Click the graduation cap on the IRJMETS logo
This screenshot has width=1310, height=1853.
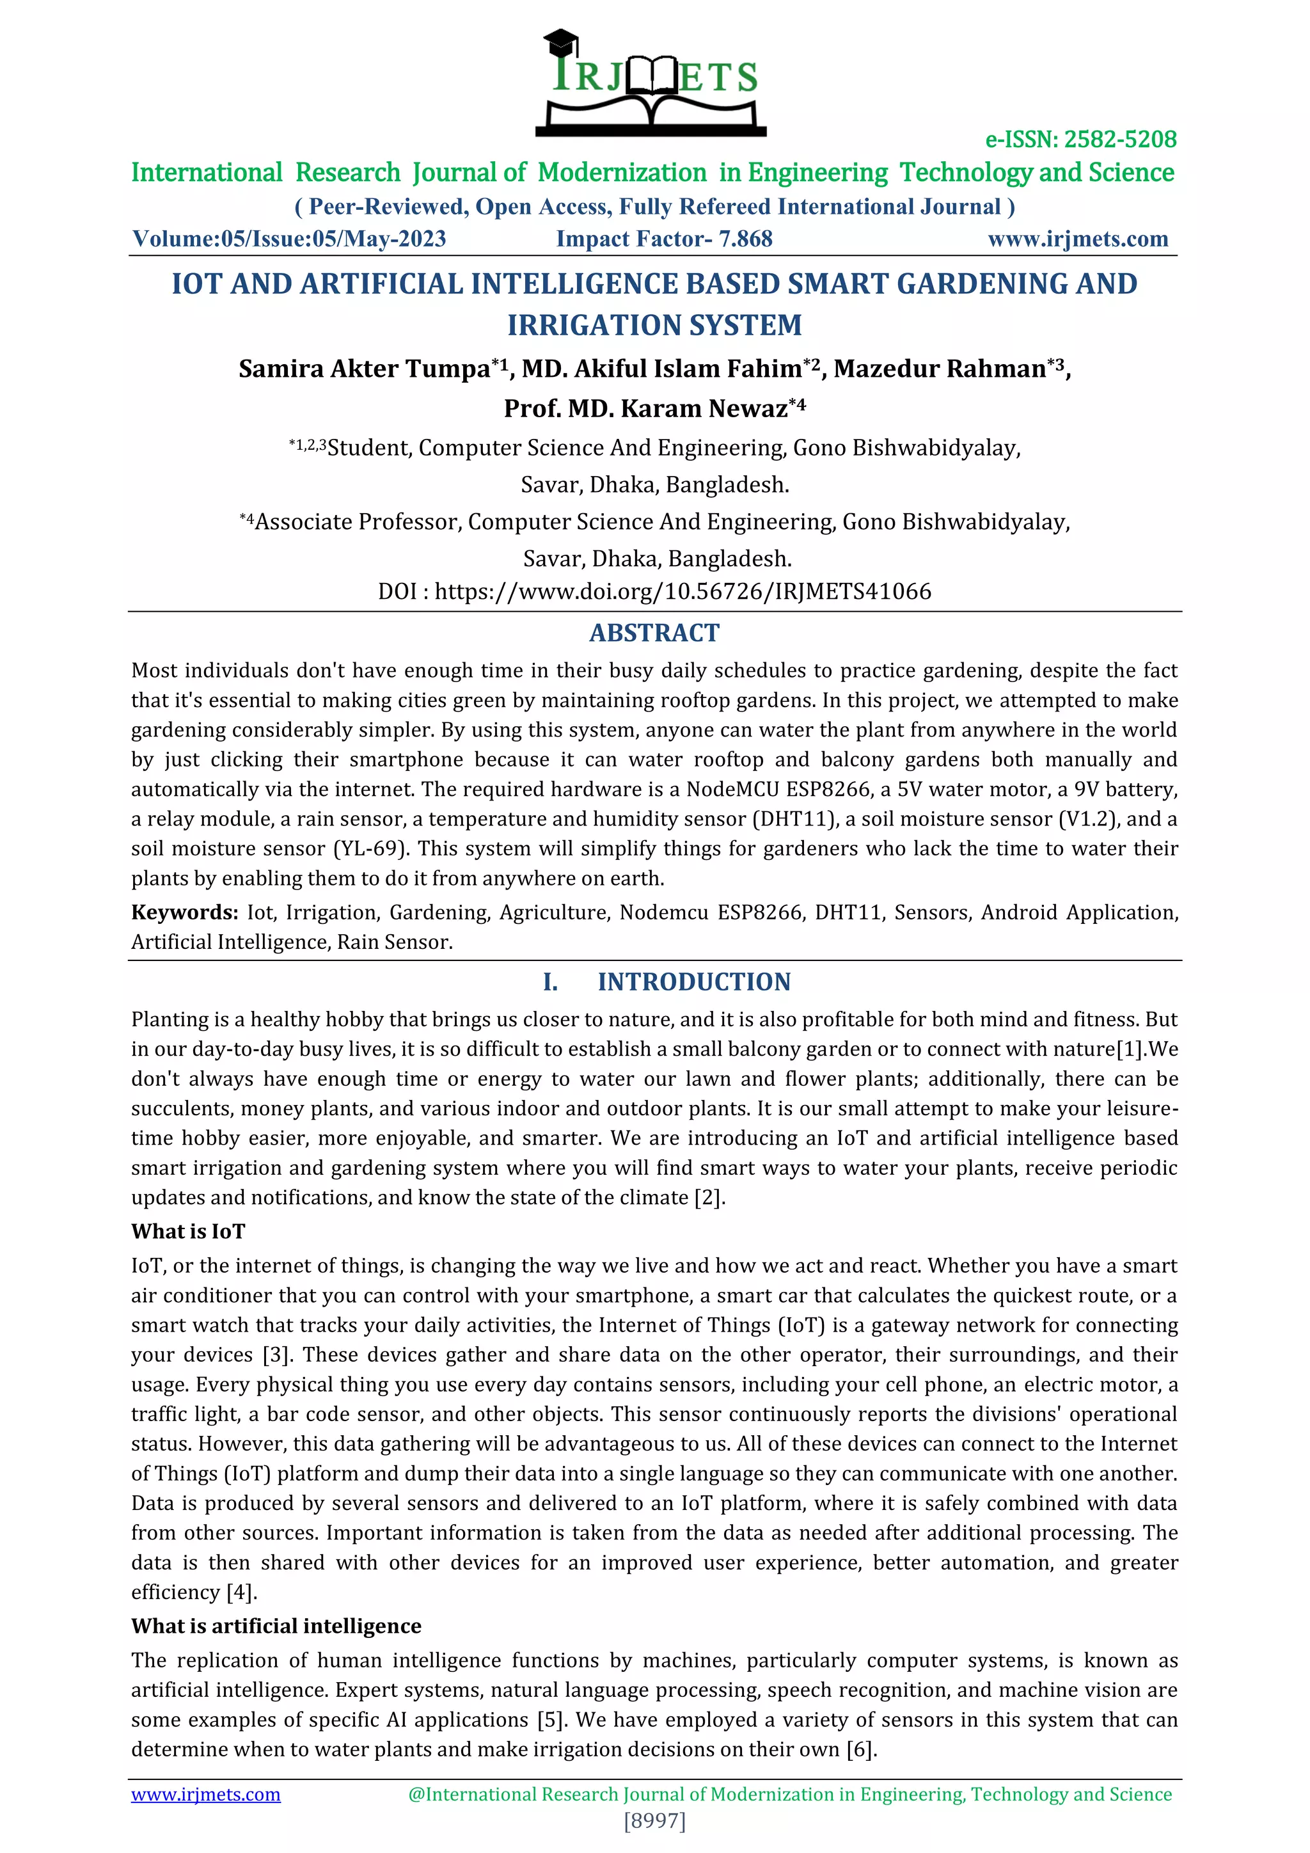pyautogui.click(x=560, y=42)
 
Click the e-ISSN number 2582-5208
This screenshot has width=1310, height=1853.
pyautogui.click(x=1119, y=139)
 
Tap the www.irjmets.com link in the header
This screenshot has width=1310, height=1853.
pyautogui.click(x=1078, y=239)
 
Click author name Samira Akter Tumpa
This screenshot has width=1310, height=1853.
pyautogui.click(x=364, y=369)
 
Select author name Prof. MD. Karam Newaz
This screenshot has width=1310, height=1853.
pyautogui.click(x=645, y=408)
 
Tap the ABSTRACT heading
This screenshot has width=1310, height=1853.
pyautogui.click(x=654, y=633)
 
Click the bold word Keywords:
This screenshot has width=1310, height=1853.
pyautogui.click(x=185, y=913)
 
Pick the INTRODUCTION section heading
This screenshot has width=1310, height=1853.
pyautogui.click(x=694, y=982)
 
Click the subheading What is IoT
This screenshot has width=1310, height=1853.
pyautogui.click(x=188, y=1232)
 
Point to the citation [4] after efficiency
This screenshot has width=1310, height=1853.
pyautogui.click(x=241, y=1593)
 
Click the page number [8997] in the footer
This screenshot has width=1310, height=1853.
pyautogui.click(x=654, y=1821)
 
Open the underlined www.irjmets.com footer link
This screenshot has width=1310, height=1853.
pyautogui.click(x=206, y=1795)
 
